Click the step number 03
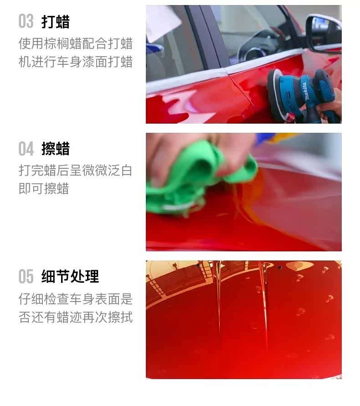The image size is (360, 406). point(26,21)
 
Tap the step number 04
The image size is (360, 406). point(26,149)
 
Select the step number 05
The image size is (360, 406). point(26,276)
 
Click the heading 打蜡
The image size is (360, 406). point(56,22)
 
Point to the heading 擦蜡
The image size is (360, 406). point(56,149)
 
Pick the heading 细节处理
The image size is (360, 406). point(70,276)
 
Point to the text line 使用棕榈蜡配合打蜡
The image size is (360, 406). point(76,43)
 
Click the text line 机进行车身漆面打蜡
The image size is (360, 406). point(76,62)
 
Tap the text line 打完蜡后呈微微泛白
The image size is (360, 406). point(76,171)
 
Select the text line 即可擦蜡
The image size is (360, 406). point(44,188)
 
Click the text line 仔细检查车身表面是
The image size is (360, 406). point(76,299)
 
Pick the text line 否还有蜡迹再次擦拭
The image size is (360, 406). point(76,317)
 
